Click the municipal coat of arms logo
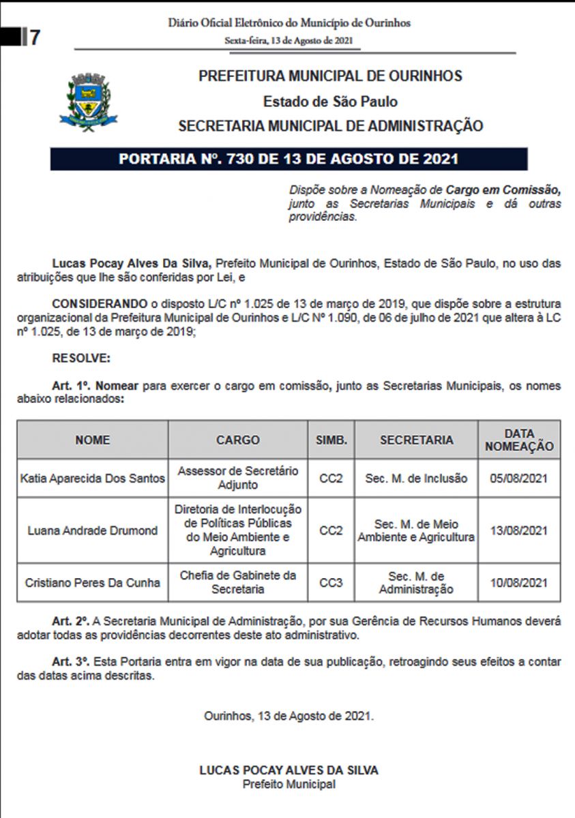tap(88, 103)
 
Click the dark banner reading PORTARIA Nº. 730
tap(289, 160)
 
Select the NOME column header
tap(93, 440)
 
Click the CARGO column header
tap(237, 440)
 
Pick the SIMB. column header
tap(331, 440)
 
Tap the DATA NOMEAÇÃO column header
tap(519, 440)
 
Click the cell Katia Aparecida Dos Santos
tap(93, 479)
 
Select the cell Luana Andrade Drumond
tap(93, 530)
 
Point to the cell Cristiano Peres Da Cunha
tap(93, 583)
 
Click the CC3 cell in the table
tap(331, 583)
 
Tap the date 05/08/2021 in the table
tap(519, 479)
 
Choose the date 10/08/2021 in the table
tap(519, 583)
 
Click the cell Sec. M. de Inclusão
tap(416, 479)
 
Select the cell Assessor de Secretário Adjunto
tap(237, 479)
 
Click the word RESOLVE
tap(80, 358)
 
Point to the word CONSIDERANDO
tap(100, 302)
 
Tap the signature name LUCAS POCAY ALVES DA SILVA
tap(289, 770)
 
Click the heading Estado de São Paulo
tap(330, 102)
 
